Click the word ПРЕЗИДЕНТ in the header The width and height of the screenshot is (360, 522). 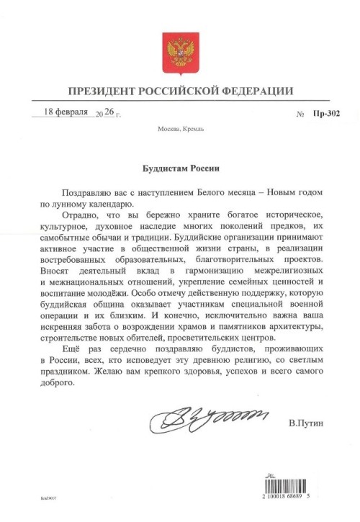coord(102,91)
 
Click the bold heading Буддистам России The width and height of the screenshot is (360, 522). coord(179,168)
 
